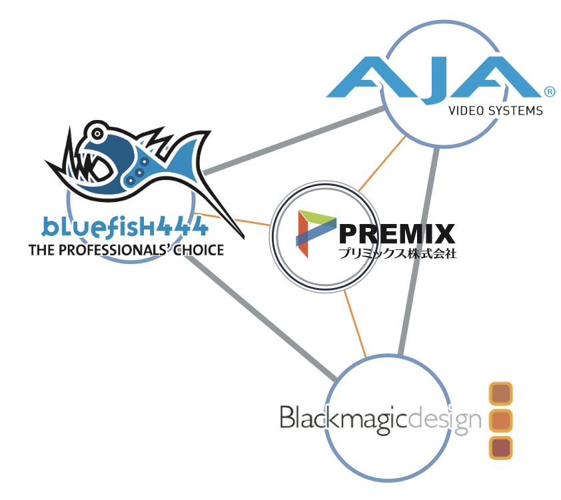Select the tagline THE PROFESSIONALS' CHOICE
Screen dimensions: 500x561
pos(126,251)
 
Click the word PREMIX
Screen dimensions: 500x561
pos(397,235)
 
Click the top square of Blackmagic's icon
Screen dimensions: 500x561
pos(500,394)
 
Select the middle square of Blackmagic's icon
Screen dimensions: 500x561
pos(500,421)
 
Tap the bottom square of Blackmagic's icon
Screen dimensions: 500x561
pos(500,447)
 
